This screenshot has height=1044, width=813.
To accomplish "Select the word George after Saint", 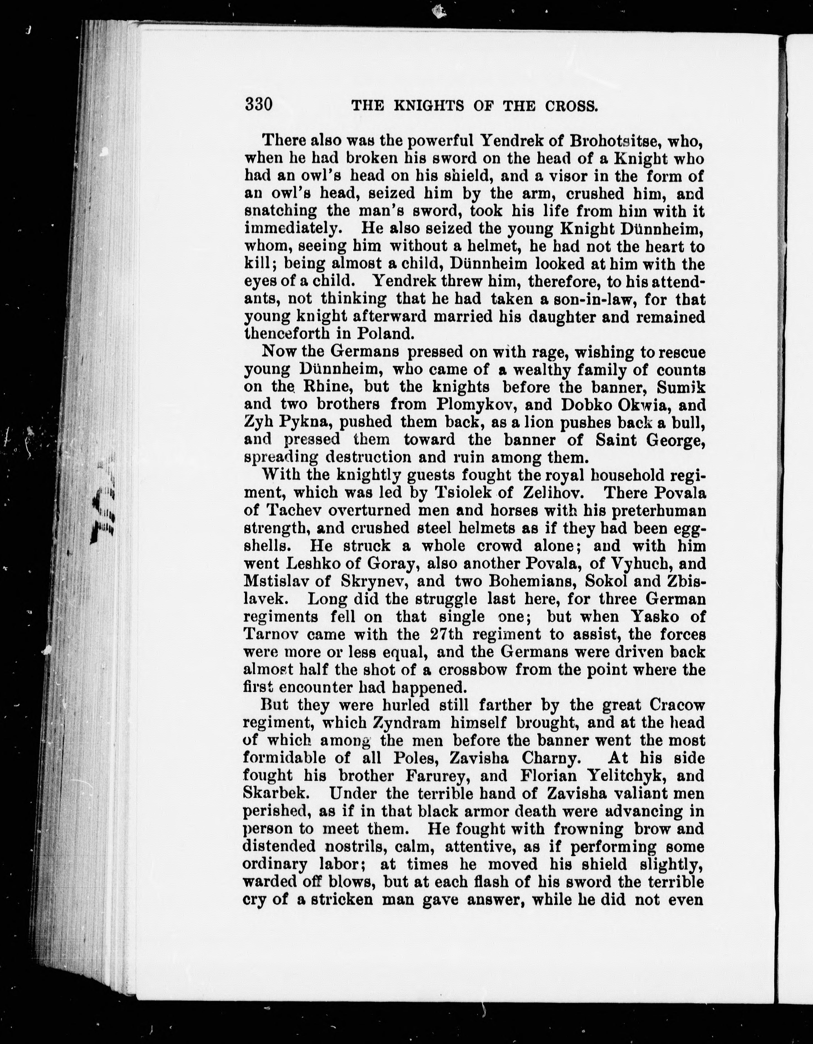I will (x=675, y=440).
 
